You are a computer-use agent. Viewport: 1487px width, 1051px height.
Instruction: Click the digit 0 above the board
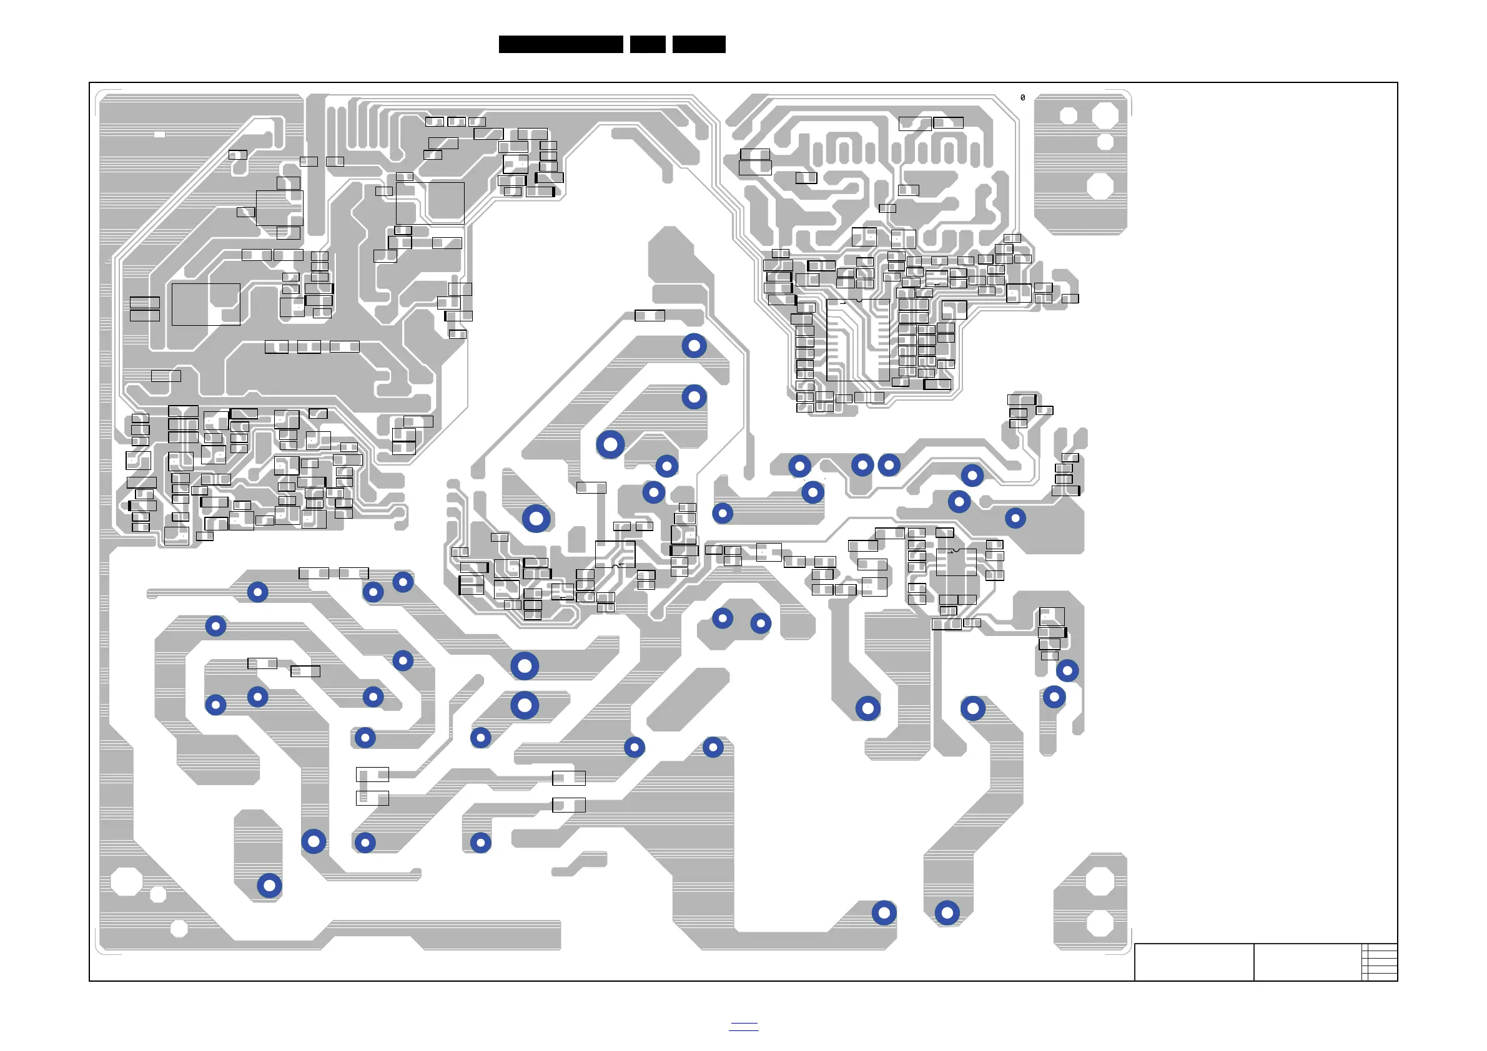click(x=1022, y=98)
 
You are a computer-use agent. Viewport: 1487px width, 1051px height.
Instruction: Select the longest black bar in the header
click(x=561, y=44)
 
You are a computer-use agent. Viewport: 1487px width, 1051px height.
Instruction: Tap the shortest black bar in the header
click(x=648, y=44)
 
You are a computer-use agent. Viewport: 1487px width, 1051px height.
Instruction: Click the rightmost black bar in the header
click(x=699, y=44)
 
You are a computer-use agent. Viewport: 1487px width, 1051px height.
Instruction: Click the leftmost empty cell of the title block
click(x=1193, y=962)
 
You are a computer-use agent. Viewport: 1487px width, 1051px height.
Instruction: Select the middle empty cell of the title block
click(x=1307, y=962)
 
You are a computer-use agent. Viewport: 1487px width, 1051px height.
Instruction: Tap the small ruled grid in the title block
click(x=1380, y=962)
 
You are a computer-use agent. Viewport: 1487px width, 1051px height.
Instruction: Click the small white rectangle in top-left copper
click(x=159, y=135)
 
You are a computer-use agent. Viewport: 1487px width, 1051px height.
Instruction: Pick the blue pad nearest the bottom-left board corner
click(x=269, y=886)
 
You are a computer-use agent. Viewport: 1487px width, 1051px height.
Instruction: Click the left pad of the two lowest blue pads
click(x=884, y=912)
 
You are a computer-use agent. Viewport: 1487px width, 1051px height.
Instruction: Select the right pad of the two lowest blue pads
click(x=947, y=912)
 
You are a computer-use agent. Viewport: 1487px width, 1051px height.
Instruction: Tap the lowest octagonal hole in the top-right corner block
click(x=1100, y=187)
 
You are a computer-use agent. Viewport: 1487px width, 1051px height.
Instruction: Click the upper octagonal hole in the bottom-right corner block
click(x=1100, y=881)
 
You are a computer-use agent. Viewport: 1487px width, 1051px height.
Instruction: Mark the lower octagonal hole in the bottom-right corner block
click(x=1100, y=923)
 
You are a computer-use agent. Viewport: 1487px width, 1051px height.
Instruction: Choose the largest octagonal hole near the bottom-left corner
click(x=126, y=881)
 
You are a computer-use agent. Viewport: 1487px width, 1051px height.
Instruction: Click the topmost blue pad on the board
click(x=694, y=346)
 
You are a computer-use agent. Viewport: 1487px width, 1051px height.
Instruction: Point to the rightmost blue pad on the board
click(x=1067, y=670)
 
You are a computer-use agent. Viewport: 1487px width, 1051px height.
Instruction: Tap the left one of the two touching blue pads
click(x=862, y=465)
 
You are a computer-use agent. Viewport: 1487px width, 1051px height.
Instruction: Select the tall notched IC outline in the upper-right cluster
click(x=858, y=340)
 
